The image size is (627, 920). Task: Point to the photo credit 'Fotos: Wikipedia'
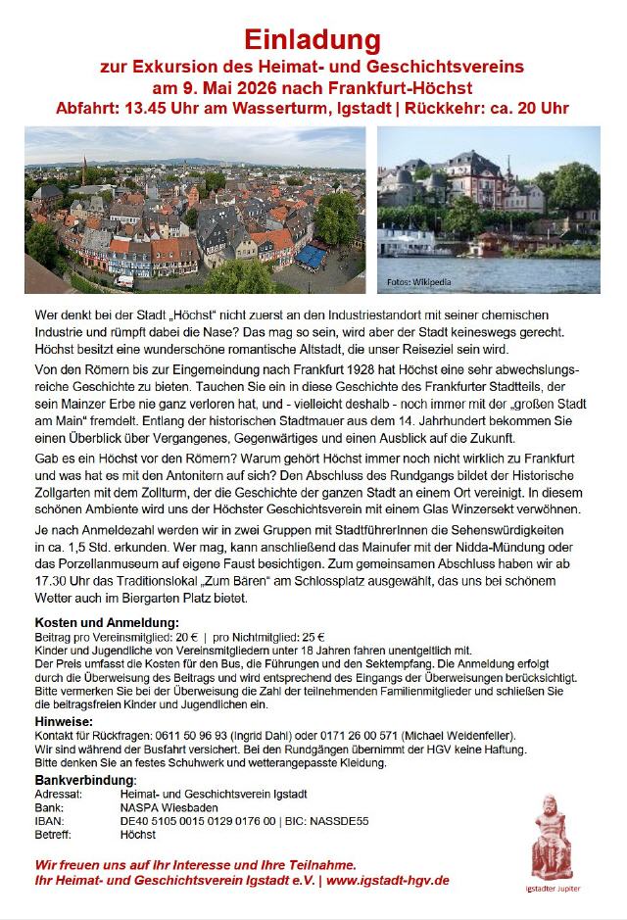(x=419, y=283)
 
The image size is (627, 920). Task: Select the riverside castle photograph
(x=488, y=210)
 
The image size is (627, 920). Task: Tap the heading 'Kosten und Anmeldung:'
(x=107, y=622)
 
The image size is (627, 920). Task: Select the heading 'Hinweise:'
(x=64, y=721)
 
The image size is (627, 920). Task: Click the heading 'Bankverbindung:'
(x=85, y=779)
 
